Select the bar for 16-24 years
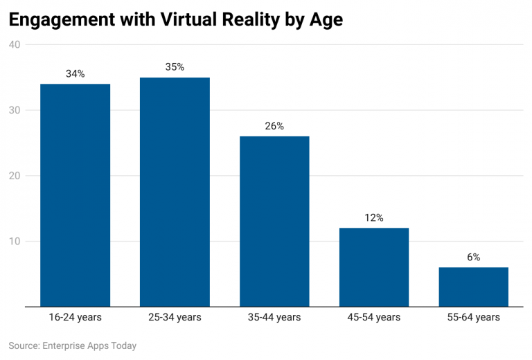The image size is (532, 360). [76, 195]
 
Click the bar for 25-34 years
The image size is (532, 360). [175, 192]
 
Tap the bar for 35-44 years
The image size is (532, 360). [274, 222]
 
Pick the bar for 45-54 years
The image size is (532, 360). [374, 267]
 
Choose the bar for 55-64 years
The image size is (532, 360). [474, 287]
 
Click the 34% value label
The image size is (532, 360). [76, 73]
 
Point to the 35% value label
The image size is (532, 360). [175, 67]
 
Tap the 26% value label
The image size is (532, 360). [274, 126]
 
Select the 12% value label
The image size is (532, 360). [374, 217]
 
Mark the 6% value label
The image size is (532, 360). [474, 257]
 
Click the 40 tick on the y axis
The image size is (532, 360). [15, 45]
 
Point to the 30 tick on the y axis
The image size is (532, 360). [15, 110]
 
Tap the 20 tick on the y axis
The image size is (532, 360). [15, 176]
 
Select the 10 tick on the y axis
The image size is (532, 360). [15, 241]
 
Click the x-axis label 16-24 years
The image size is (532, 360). [76, 317]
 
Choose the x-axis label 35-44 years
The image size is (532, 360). [274, 317]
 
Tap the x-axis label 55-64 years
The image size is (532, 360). [474, 317]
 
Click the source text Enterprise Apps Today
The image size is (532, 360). [89, 345]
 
